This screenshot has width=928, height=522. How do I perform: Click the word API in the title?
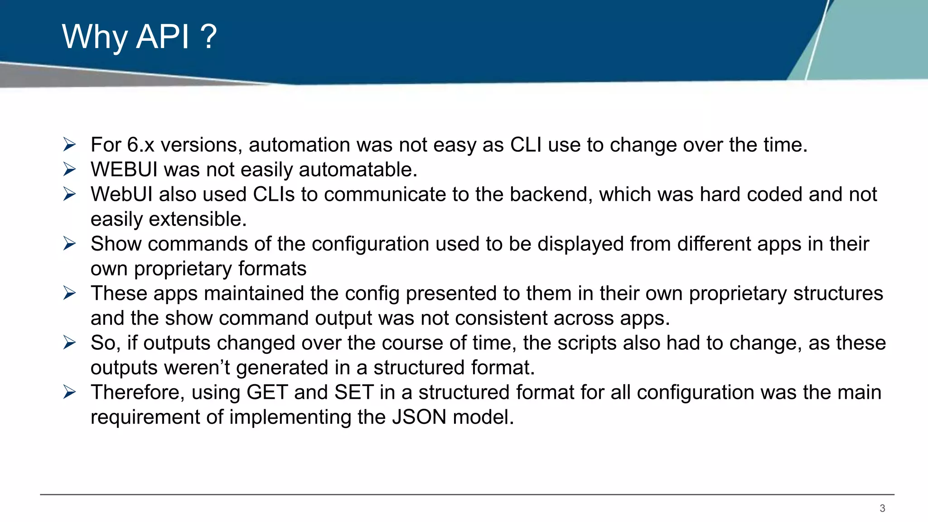tap(162, 37)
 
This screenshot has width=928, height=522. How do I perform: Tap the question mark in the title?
tap(208, 37)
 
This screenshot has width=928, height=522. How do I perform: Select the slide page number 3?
tap(882, 508)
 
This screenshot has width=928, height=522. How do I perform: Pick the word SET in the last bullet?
tap(354, 392)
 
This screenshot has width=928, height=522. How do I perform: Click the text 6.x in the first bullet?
tap(140, 145)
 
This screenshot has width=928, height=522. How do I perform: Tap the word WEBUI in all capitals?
tap(124, 170)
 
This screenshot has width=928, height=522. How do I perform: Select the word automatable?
tap(358, 170)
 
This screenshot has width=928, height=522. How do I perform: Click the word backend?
tap(548, 194)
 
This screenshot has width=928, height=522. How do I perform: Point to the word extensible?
tap(198, 219)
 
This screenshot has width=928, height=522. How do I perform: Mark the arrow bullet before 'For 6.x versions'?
tap(69, 145)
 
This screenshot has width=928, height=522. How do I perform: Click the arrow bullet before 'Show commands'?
tap(69, 244)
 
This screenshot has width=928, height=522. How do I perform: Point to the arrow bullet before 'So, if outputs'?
tap(69, 343)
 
